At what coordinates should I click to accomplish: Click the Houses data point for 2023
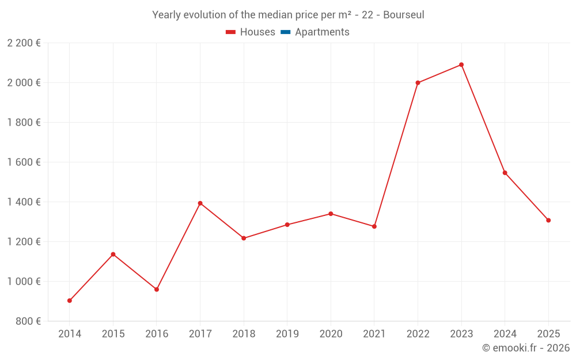pyautogui.click(x=461, y=65)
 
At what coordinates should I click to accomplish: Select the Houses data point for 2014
pyautogui.click(x=70, y=301)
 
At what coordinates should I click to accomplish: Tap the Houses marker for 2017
pyautogui.click(x=200, y=203)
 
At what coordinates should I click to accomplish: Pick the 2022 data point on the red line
pyautogui.click(x=418, y=83)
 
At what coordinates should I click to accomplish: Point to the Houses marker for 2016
pyautogui.click(x=157, y=289)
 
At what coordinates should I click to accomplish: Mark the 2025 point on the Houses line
pyautogui.click(x=548, y=220)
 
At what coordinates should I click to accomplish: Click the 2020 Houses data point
pyautogui.click(x=331, y=214)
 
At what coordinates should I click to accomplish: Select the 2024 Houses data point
pyautogui.click(x=505, y=173)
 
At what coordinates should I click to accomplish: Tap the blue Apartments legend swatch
pyautogui.click(x=285, y=32)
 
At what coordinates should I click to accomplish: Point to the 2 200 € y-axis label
pyautogui.click(x=24, y=43)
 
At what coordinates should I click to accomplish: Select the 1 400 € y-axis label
pyautogui.click(x=24, y=202)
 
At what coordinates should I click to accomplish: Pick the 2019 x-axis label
pyautogui.click(x=287, y=334)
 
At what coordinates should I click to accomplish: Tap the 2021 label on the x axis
pyautogui.click(x=374, y=334)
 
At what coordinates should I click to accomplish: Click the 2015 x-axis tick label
pyautogui.click(x=113, y=334)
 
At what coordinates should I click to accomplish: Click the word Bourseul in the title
pyautogui.click(x=403, y=15)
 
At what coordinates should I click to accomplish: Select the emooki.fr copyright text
pyautogui.click(x=526, y=348)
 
